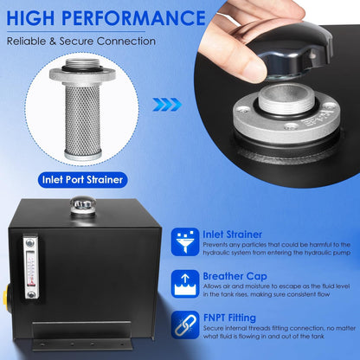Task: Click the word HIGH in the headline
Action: point(31,17)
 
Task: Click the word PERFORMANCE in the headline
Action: point(133,18)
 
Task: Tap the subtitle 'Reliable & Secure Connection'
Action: point(81,41)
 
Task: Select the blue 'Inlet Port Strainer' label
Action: point(82,180)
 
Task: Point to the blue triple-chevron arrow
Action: point(167,105)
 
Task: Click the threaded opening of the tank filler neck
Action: point(286,99)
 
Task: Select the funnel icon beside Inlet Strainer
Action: point(185,241)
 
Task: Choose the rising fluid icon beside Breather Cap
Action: point(185,284)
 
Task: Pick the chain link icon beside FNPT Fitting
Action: point(185,325)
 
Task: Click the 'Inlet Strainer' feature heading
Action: point(232,235)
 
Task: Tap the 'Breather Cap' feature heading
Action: point(235,276)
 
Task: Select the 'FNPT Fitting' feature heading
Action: point(229,318)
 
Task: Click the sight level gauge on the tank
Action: point(31,267)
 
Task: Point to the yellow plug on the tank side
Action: point(5,296)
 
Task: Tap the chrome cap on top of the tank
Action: point(83,204)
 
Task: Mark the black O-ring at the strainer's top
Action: point(82,69)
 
